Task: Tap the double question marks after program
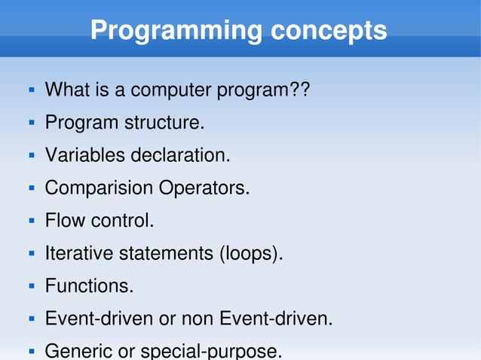[x=299, y=90]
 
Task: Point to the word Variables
[x=85, y=156]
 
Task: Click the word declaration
[x=181, y=156]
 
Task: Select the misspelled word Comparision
[x=99, y=188]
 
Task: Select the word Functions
[x=89, y=286]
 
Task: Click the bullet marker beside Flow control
[x=32, y=221]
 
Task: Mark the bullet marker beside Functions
[x=32, y=286]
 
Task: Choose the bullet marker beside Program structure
[x=32, y=123]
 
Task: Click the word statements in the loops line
[x=166, y=254]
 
